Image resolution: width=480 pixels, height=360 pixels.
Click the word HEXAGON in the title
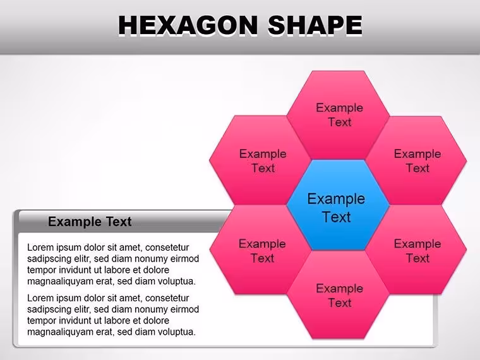(188, 25)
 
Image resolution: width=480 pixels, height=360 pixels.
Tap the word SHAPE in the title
(315, 25)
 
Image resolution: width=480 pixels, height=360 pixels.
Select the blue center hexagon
(338, 205)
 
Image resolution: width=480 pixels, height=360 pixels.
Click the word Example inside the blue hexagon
(336, 199)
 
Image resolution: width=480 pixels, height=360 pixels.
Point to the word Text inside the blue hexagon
(337, 217)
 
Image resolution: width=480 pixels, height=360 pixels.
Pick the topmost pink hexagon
(338, 115)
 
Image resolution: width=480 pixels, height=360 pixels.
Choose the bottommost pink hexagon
(338, 295)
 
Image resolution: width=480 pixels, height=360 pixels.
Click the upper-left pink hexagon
(260, 160)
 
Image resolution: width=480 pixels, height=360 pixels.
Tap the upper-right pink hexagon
(416, 160)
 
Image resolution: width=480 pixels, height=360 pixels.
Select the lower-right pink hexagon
(416, 250)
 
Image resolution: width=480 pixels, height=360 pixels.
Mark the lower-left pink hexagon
(260, 250)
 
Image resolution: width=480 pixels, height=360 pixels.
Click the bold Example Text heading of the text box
(90, 222)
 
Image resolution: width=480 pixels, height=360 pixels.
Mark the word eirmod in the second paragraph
(184, 309)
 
